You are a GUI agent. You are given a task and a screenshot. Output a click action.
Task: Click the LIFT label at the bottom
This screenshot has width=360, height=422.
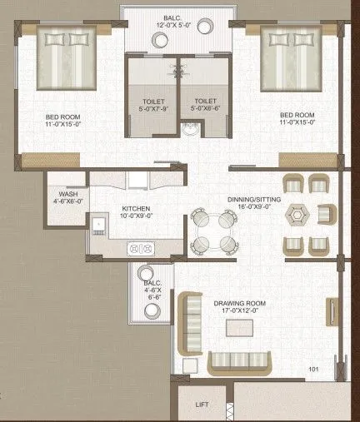(202, 405)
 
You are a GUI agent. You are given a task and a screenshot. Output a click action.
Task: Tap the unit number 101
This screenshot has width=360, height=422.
(314, 369)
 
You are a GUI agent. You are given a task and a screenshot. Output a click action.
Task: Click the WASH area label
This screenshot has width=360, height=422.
(67, 197)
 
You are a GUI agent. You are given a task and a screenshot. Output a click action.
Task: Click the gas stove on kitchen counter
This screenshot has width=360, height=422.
(142, 247)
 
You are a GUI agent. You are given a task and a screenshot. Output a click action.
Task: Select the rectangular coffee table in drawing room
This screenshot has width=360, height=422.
(242, 328)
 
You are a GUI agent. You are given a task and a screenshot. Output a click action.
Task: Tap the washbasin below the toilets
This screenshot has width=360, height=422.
(192, 130)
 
